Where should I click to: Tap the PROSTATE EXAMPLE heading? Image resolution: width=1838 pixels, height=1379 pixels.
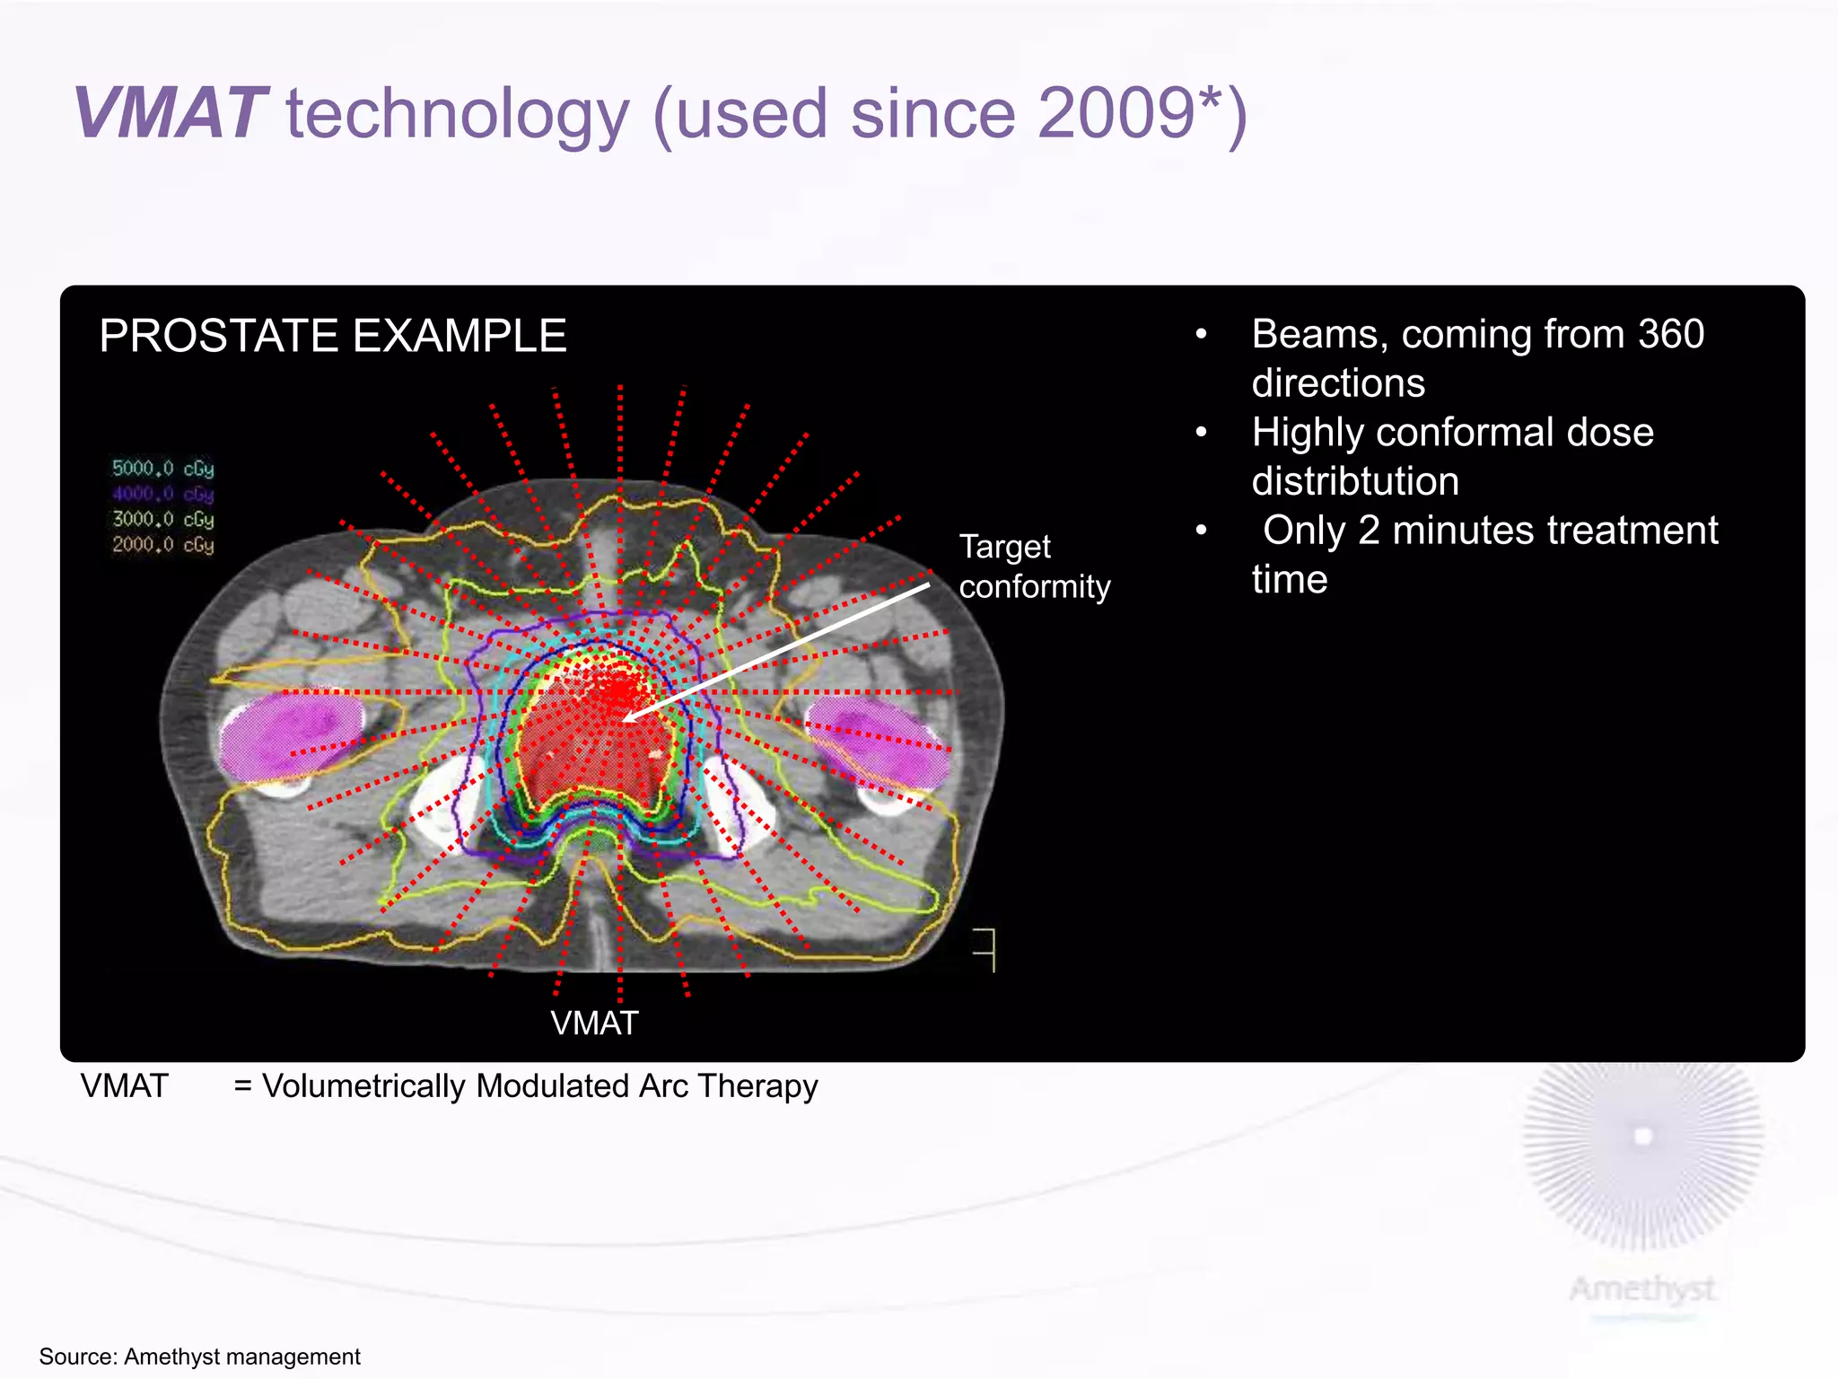[x=332, y=336]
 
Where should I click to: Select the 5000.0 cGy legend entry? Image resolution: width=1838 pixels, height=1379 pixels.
[x=162, y=469]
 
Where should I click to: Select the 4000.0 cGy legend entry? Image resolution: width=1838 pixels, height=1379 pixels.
[x=162, y=494]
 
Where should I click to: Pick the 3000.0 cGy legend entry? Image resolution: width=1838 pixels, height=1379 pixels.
[x=162, y=520]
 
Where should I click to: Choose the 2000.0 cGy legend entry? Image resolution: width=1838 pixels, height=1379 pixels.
[x=162, y=545]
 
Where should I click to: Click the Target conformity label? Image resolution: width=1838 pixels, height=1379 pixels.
[x=1033, y=567]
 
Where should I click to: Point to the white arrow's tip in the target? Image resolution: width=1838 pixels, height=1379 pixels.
[x=626, y=719]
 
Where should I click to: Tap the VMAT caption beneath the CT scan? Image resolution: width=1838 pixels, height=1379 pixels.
[x=594, y=1023]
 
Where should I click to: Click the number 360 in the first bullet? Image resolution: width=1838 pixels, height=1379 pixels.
[x=1670, y=335]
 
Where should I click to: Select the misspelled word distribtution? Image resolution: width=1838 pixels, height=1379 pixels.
[x=1354, y=481]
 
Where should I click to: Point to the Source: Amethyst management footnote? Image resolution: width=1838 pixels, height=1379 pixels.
[x=199, y=1357]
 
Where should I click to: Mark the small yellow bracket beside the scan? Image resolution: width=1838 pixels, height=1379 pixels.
[x=986, y=950]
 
